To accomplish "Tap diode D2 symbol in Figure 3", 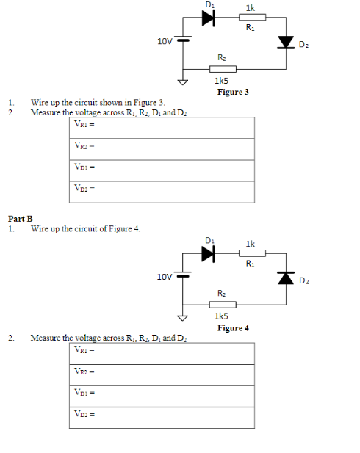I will click(285, 43).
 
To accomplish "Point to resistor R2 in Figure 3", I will click(222, 69).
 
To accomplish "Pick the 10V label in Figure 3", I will click(165, 41).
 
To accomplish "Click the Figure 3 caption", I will click(233, 92).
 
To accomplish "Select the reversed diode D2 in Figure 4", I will click(285, 278).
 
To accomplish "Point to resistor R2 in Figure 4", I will click(222, 304).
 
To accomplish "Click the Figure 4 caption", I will click(233, 327).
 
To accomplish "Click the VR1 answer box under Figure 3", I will click(162, 128).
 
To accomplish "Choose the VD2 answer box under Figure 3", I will click(162, 192).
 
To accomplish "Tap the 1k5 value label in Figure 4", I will click(220, 316).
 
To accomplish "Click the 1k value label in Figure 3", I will click(251, 7).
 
